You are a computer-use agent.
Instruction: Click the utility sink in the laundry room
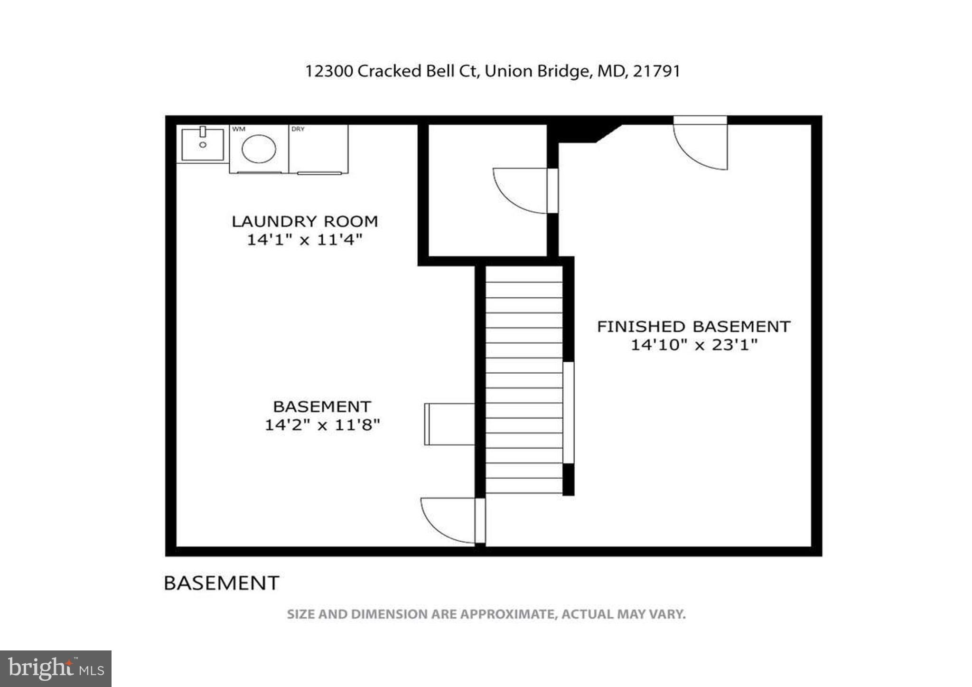(203, 144)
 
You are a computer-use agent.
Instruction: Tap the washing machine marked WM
(259, 149)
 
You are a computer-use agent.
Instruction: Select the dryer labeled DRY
(318, 149)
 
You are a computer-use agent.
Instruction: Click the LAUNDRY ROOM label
(305, 221)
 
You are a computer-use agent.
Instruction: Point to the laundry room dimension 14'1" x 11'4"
(305, 240)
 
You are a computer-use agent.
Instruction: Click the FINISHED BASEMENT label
(693, 327)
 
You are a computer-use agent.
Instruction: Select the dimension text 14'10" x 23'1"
(693, 345)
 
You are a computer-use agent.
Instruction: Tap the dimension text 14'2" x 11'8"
(322, 424)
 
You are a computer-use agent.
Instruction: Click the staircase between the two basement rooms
(524, 380)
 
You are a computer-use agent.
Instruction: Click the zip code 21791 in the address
(657, 71)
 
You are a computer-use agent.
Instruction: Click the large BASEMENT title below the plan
(221, 583)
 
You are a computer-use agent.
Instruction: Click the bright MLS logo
(56, 669)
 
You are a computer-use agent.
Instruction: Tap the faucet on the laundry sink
(203, 132)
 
